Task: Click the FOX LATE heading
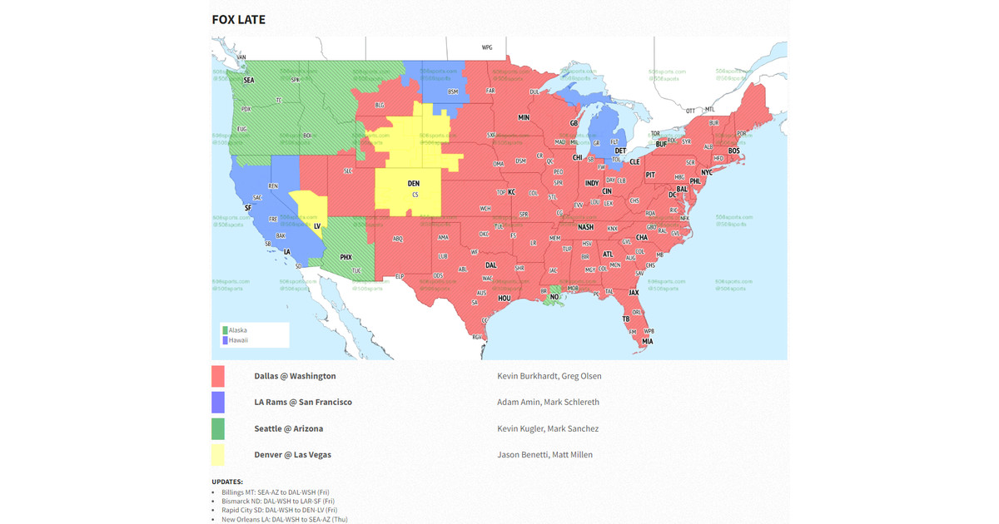[x=238, y=19]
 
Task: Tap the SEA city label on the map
[x=248, y=81]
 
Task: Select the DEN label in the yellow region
[x=413, y=183]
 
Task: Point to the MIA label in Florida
[x=647, y=341]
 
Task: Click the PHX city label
[x=345, y=258]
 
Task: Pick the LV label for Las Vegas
[x=317, y=225]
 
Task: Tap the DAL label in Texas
[x=490, y=265]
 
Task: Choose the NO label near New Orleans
[x=554, y=296]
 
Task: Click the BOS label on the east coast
[x=733, y=151]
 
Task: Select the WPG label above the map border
[x=487, y=47]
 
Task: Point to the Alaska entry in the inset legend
[x=238, y=330]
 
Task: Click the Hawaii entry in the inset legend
[x=238, y=340]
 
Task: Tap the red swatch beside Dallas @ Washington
[x=218, y=376]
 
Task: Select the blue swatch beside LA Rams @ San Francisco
[x=218, y=403]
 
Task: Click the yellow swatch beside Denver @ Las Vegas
[x=218, y=454]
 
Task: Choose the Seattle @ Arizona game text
[x=288, y=428]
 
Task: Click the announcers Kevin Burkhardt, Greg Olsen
[x=549, y=376]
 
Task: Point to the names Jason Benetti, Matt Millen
[x=544, y=454]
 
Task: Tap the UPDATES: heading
[x=227, y=482]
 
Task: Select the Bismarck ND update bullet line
[x=277, y=501]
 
